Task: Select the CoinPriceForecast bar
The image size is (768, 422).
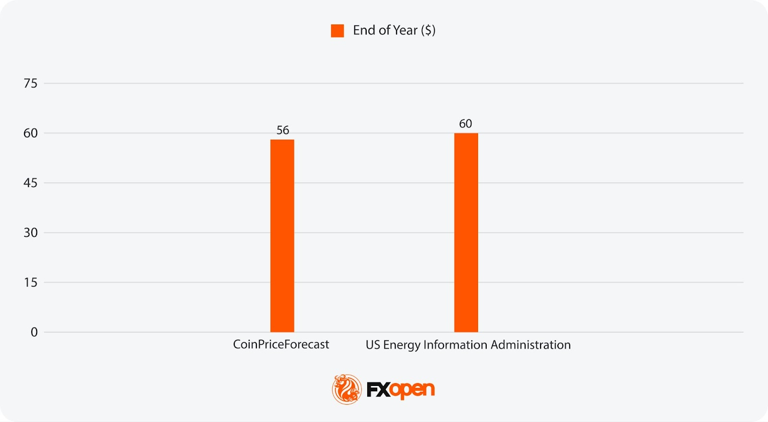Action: click(x=282, y=235)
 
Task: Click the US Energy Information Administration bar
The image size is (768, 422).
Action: click(x=466, y=232)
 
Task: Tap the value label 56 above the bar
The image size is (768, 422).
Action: click(x=283, y=130)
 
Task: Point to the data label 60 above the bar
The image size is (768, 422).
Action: click(x=466, y=123)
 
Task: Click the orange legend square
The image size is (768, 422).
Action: click(x=337, y=31)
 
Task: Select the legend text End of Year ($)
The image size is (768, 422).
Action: click(x=394, y=30)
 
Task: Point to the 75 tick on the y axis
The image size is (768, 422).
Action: click(x=30, y=84)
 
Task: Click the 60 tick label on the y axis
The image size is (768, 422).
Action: click(x=30, y=133)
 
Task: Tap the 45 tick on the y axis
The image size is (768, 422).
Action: click(x=30, y=183)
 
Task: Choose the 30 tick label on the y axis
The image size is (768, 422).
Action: click(x=30, y=233)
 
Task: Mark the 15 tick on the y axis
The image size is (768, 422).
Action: click(x=30, y=282)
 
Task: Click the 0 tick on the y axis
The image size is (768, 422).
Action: click(x=34, y=332)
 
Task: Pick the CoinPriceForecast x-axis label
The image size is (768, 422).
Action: click(x=281, y=344)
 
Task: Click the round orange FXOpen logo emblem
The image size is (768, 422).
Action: click(x=347, y=389)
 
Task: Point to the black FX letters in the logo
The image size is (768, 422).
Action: click(x=378, y=390)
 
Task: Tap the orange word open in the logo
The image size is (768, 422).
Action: click(x=412, y=390)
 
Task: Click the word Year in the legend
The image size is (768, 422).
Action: click(x=406, y=30)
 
